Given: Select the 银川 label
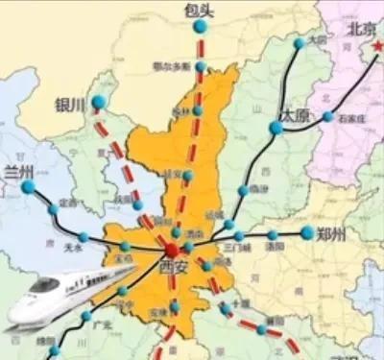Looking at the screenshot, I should (70, 104).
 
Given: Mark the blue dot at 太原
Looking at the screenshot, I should (276, 127).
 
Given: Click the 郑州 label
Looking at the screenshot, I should (333, 231).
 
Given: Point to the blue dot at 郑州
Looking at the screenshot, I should (306, 232).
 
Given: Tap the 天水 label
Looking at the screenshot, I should (73, 247).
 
